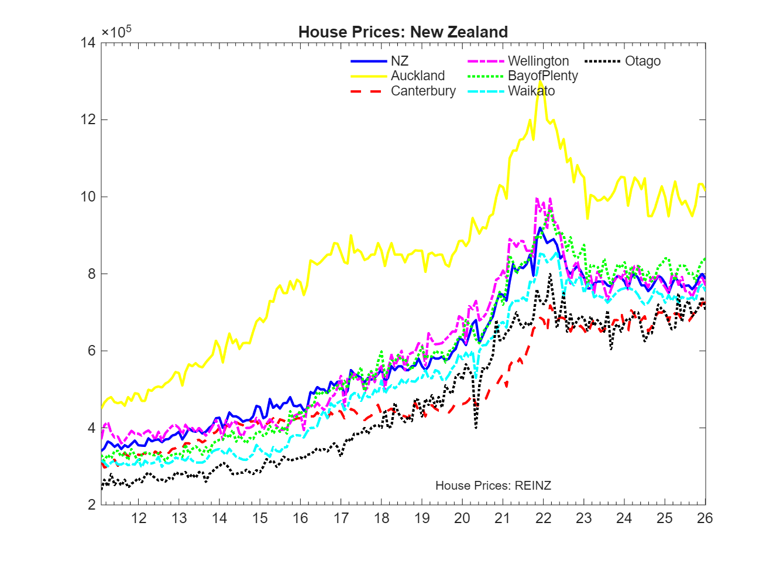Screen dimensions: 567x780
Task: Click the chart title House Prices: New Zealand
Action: coord(403,32)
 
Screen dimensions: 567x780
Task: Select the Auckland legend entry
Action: coord(418,76)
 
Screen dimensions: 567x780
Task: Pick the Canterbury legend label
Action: coord(423,91)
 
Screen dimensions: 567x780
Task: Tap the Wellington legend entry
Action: coord(538,61)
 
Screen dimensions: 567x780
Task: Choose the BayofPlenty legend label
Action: coord(542,76)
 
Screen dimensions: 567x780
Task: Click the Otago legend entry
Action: coord(642,61)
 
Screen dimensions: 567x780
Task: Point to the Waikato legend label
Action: coord(531,91)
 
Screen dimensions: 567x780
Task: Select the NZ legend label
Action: coord(400,61)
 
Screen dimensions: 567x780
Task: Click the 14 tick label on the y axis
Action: coord(88,42)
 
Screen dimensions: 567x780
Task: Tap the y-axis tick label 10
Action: coord(88,196)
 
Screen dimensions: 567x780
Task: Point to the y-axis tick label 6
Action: coord(91,351)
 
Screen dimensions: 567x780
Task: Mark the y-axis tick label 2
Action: coord(91,505)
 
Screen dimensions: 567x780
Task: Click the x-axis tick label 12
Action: coord(139,518)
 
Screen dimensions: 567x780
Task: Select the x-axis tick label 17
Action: coord(341,518)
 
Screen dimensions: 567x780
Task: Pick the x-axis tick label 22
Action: coord(543,518)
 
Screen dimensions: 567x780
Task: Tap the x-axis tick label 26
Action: coord(705,518)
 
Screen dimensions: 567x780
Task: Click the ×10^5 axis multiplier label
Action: coord(116,32)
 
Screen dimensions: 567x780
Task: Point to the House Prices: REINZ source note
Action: coord(493,485)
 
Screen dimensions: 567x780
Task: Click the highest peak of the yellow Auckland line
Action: coord(541,83)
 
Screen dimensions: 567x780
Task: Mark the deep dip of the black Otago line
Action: coord(476,427)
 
